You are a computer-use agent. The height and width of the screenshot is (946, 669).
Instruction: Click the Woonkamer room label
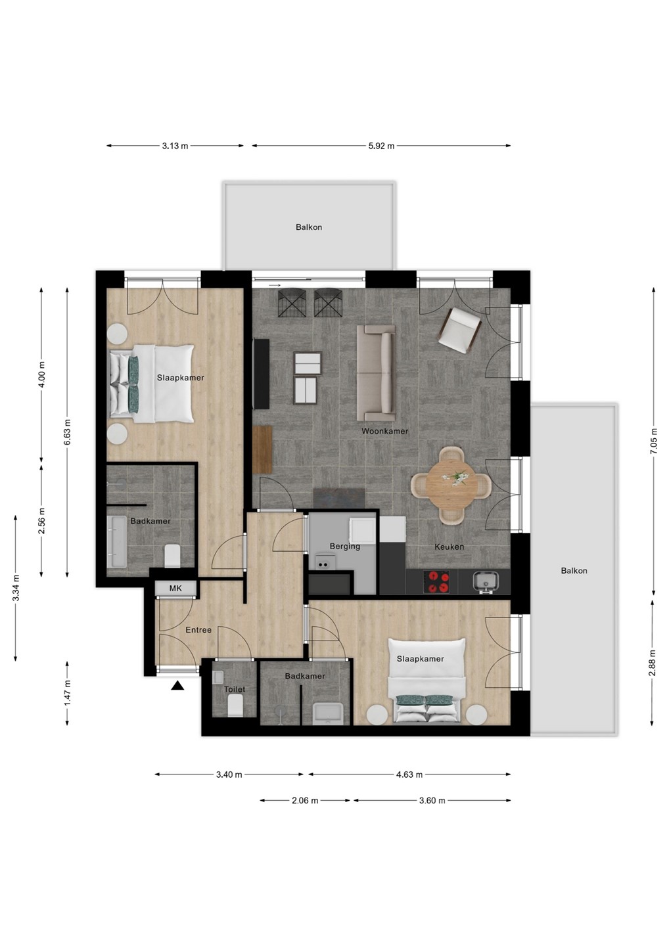point(384,431)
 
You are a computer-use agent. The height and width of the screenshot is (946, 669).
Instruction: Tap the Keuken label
point(449,547)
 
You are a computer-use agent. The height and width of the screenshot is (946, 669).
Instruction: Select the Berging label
point(344,546)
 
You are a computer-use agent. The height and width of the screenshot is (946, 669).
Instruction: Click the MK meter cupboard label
point(175,587)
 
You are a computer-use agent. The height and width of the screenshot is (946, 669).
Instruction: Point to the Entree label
point(198,629)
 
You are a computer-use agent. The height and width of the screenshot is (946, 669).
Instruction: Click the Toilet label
point(235,688)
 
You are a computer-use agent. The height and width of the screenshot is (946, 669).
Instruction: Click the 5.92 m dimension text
point(381,146)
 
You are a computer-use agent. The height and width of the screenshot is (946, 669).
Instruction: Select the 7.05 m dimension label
point(654,441)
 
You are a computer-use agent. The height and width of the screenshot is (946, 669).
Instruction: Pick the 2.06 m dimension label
point(305,800)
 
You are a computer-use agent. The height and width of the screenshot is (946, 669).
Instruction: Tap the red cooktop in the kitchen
point(436,581)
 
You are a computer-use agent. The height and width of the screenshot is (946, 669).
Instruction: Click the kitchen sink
point(486,581)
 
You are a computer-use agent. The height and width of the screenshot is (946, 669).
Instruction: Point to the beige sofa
point(376,373)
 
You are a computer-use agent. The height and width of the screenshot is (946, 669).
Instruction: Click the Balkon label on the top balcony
point(309,227)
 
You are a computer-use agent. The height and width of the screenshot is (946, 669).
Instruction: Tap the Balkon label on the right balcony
point(574,570)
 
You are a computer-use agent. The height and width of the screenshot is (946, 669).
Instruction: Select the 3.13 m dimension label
point(175,146)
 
